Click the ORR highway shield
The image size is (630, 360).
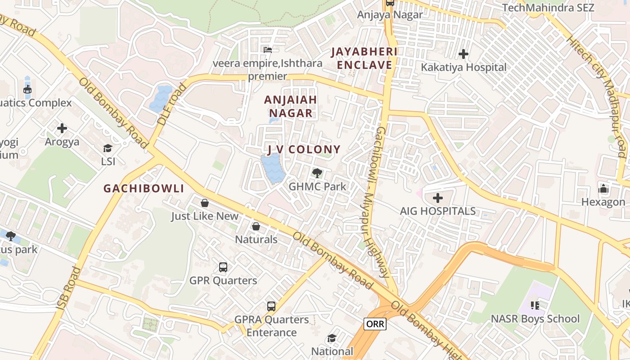375,324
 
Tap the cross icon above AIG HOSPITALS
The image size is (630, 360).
437,198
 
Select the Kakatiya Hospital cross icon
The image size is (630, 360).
463,54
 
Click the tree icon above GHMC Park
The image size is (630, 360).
317,173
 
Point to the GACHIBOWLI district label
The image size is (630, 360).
144,189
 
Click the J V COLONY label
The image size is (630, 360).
304,149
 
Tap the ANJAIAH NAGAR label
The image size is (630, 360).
290,106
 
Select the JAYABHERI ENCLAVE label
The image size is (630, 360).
364,58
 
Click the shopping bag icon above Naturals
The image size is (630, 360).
256,226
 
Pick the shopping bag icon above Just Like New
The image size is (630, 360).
205,203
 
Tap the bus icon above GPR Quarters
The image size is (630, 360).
223,267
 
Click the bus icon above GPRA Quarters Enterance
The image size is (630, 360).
271,306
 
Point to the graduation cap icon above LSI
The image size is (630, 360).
108,148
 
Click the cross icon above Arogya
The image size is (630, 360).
62,128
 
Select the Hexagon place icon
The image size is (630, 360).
603,189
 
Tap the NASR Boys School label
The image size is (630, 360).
535,319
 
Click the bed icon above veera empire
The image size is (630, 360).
268,49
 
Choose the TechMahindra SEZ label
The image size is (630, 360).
548,8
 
